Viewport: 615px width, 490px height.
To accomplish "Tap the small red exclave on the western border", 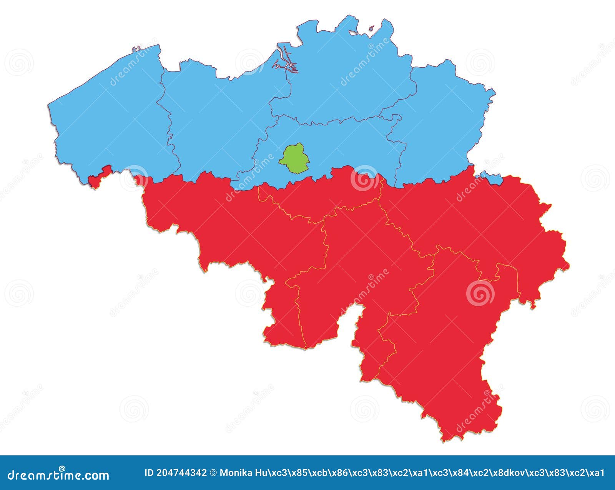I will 98,178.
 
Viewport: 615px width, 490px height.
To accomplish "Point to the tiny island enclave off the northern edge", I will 371,28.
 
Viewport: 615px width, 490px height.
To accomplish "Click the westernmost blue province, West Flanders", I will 111,119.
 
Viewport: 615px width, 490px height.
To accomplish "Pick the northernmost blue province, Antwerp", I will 346,77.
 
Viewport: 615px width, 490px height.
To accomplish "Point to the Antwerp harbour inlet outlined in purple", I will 284,62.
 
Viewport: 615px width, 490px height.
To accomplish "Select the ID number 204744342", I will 181,473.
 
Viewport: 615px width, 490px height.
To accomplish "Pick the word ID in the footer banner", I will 149,473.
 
